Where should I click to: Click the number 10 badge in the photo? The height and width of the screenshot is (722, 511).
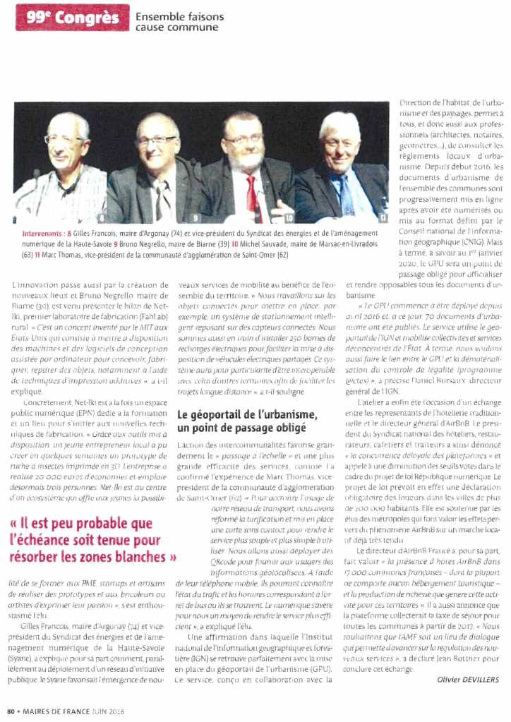pos(288,218)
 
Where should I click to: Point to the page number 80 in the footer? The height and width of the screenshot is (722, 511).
pos(11,711)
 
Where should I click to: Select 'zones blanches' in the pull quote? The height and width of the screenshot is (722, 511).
pos(123,557)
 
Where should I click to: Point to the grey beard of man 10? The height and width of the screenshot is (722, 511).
pos(247,160)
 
